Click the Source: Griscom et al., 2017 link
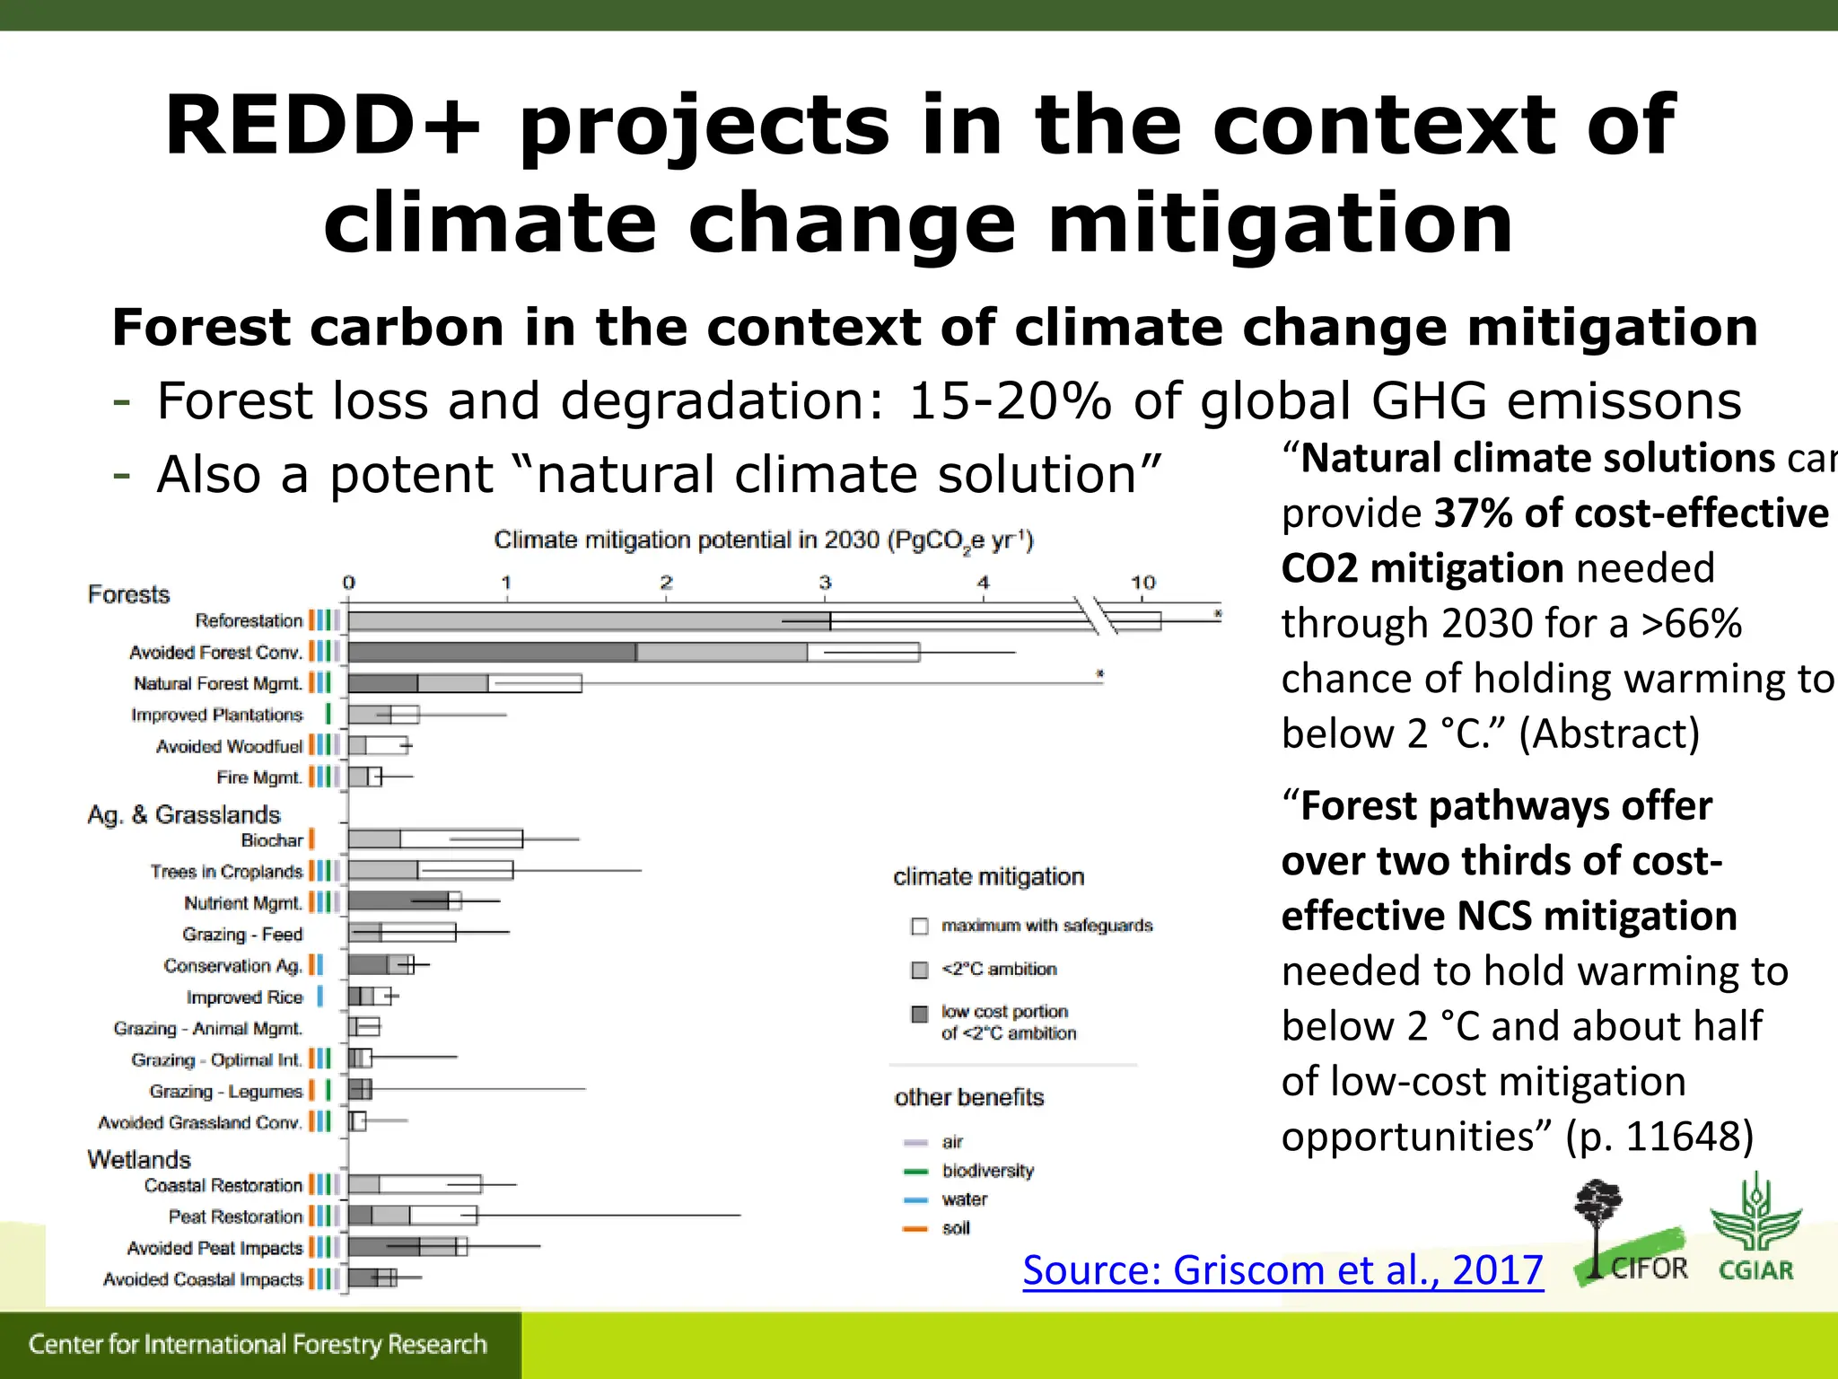click(x=1282, y=1270)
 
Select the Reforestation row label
click(x=249, y=620)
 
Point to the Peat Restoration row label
click(x=235, y=1217)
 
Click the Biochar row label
click(x=272, y=840)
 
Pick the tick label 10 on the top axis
click(x=1142, y=583)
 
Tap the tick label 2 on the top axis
click(x=666, y=583)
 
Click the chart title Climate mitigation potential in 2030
click(x=764, y=540)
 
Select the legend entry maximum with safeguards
click(x=1046, y=926)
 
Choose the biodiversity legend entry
click(x=987, y=1171)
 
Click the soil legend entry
click(x=956, y=1228)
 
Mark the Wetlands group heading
click(x=139, y=1159)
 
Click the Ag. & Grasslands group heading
click(x=184, y=814)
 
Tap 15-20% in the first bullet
click(x=1010, y=400)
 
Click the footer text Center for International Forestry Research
click(x=258, y=1344)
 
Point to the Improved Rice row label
click(x=244, y=997)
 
